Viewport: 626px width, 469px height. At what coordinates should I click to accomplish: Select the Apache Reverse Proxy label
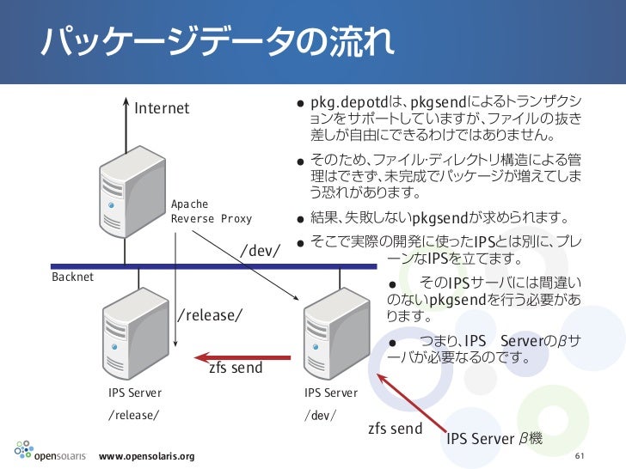coord(212,211)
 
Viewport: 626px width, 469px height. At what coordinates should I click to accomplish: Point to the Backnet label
coord(72,277)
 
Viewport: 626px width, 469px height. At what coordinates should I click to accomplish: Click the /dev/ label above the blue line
coord(261,250)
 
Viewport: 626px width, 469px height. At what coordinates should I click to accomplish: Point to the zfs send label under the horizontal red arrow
coord(236,369)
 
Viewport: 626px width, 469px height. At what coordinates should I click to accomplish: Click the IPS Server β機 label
coord(494,440)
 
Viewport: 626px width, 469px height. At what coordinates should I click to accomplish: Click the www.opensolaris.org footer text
coord(147,455)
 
